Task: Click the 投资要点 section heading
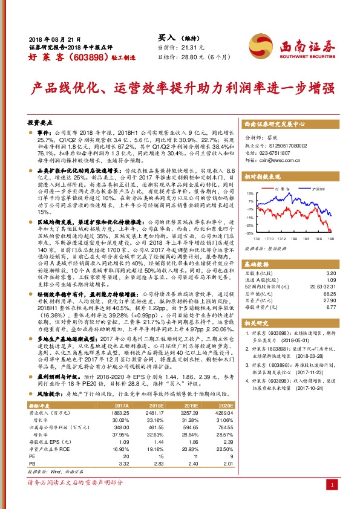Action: (40, 122)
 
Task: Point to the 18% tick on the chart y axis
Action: (250, 195)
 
